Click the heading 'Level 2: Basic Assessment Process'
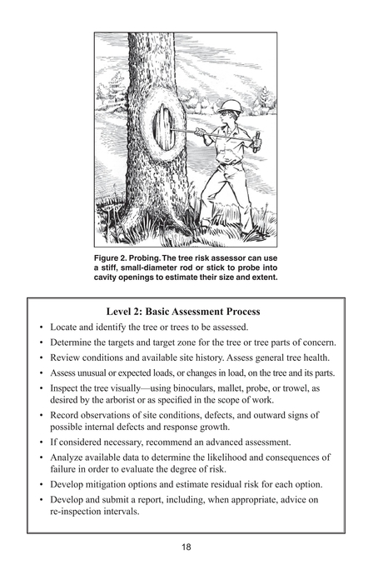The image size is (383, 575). tap(191, 311)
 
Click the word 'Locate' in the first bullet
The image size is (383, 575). tap(67, 326)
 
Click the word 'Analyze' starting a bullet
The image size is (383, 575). tap(70, 457)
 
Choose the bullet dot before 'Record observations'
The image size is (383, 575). tap(41, 414)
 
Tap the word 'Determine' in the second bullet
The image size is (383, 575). tap(74, 342)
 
